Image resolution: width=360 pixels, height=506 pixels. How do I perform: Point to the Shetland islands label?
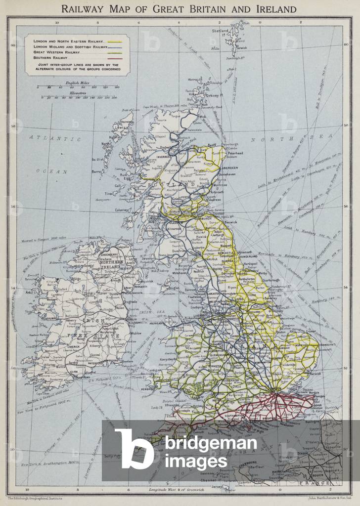[x=220, y=31]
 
